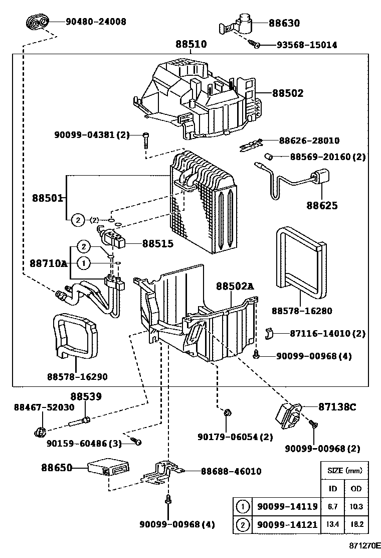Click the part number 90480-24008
tap(96, 22)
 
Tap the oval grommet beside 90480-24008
tap(37, 22)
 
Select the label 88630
tap(284, 23)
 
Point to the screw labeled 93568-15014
tap(256, 45)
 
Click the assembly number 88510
tap(190, 44)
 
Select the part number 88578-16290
tap(77, 376)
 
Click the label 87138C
tap(337, 407)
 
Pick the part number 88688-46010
tap(231, 471)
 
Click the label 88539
tap(86, 396)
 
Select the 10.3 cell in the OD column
tap(355, 507)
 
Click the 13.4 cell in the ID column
tap(332, 524)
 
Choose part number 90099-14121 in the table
tap(287, 524)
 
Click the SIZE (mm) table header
tap(344, 471)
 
